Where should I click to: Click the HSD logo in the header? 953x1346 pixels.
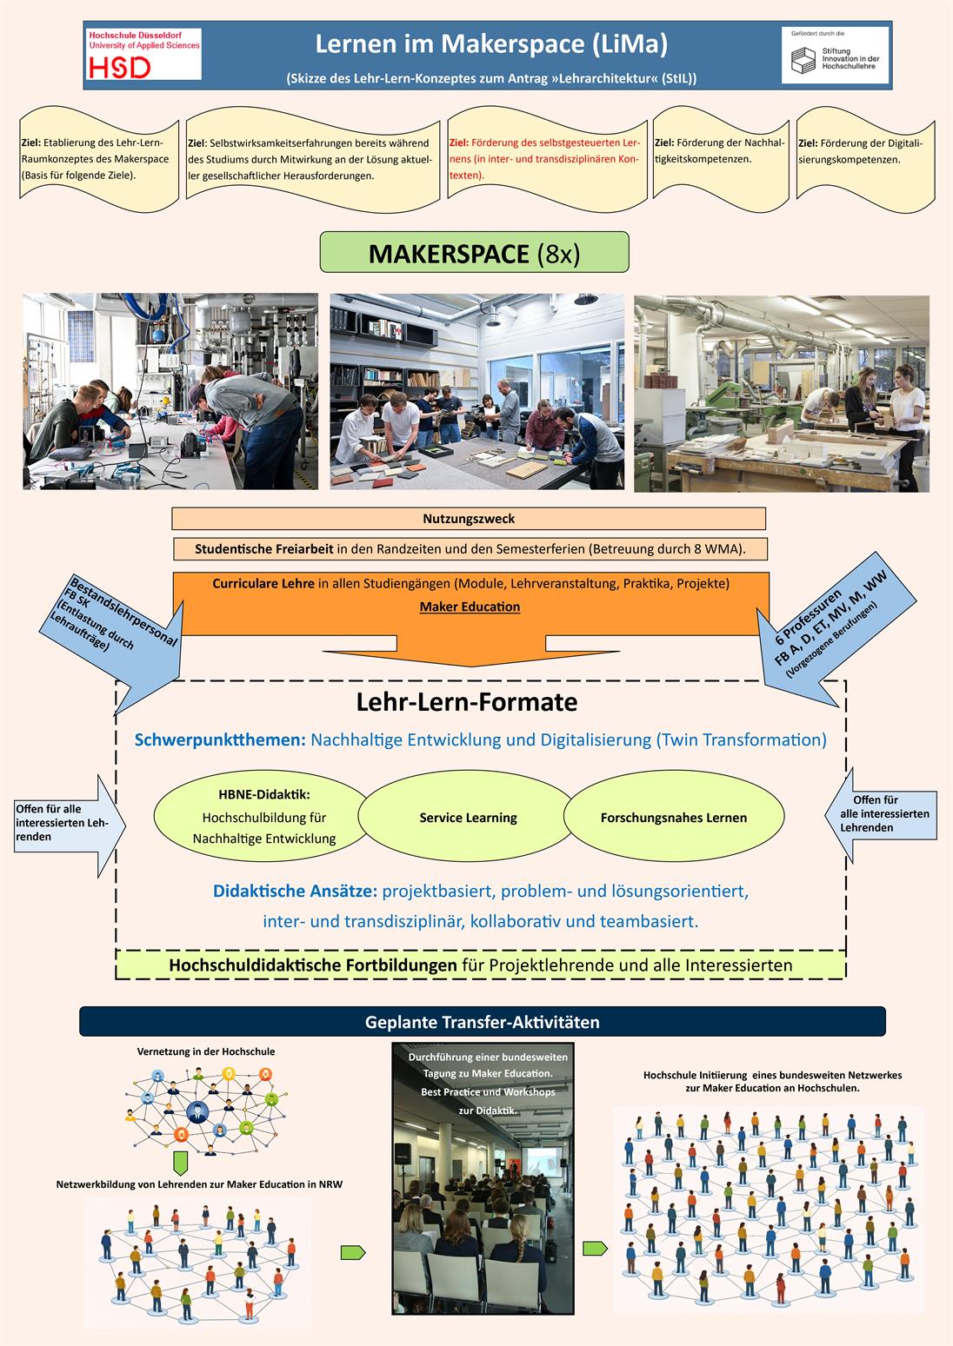(143, 54)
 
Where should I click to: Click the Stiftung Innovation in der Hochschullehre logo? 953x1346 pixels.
(835, 56)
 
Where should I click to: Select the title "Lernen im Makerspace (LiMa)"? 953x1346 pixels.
(491, 43)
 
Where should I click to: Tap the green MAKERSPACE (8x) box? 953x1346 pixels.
(474, 253)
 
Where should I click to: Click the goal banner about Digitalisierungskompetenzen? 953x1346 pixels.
(864, 152)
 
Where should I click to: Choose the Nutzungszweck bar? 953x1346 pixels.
(469, 519)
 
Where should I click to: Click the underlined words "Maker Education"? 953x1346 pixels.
(470, 607)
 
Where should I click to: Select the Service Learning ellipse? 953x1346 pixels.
(468, 818)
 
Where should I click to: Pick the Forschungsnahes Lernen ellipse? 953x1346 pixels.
(673, 818)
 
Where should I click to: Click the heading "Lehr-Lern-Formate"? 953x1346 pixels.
(467, 702)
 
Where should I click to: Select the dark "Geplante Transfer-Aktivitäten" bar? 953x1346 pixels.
(482, 1022)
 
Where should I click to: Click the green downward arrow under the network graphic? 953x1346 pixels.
(181, 1163)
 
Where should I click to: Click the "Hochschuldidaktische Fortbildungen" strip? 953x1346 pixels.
(480, 965)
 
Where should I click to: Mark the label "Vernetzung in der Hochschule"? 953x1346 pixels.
(206, 1051)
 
